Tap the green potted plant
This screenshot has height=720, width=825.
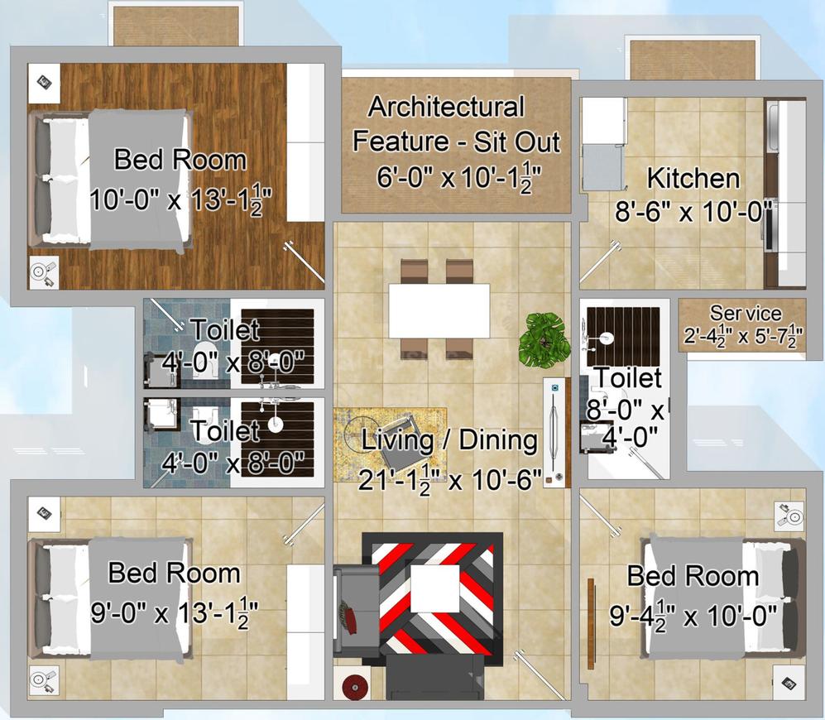[x=543, y=338]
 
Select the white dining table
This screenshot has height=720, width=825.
[x=439, y=310]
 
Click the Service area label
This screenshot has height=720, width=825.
[x=746, y=313]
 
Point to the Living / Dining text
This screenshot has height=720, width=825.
[x=450, y=439]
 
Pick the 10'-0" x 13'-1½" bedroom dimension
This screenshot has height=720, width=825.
[x=180, y=199]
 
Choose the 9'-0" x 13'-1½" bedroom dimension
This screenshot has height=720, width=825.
[x=175, y=613]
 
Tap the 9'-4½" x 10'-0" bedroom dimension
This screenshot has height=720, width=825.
[x=693, y=615]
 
